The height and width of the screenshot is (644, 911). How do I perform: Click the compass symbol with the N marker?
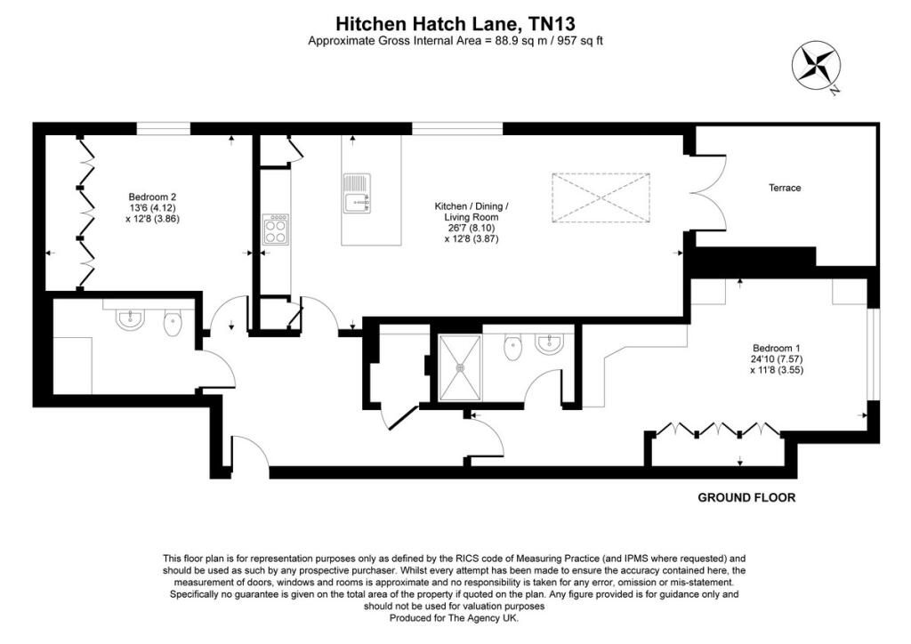(817, 66)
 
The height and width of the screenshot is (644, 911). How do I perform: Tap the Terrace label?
(785, 188)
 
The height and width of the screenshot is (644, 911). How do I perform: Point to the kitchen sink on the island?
(357, 193)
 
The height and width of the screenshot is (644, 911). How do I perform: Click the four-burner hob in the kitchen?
(276, 229)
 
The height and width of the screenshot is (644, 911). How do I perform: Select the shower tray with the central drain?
(460, 367)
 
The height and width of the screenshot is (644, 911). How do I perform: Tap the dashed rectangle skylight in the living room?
(601, 197)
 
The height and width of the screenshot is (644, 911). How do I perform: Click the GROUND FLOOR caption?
(746, 497)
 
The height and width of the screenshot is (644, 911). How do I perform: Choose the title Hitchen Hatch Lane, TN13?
(455, 24)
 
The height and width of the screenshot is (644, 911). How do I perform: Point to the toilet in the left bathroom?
(173, 324)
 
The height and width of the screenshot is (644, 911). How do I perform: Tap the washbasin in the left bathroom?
(129, 319)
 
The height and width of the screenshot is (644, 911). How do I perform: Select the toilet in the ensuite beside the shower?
(512, 347)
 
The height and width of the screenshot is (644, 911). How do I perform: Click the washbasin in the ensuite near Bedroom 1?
(548, 343)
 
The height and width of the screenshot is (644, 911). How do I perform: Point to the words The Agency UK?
(483, 618)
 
